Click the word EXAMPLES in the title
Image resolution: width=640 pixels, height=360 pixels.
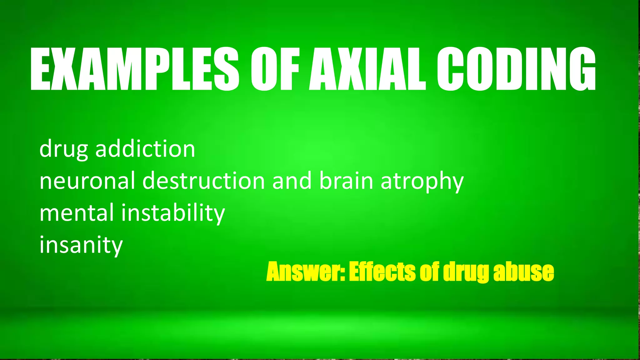[135, 69]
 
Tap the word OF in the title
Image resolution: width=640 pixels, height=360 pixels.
[275, 69]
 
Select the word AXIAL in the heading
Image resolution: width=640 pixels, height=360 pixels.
[367, 69]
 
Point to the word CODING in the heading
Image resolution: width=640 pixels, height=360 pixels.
[516, 69]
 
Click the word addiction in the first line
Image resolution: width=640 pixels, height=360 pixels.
[145, 149]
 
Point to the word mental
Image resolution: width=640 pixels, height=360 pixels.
[77, 213]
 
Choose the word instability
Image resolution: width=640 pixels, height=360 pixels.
[173, 213]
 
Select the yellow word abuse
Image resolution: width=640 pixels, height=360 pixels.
[523, 272]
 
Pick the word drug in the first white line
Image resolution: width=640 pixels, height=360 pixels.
[64, 149]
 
